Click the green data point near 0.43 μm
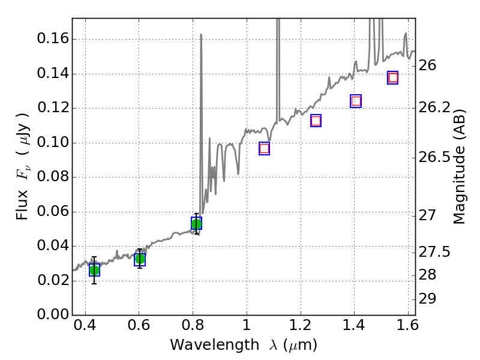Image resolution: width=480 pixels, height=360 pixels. click(x=94, y=270)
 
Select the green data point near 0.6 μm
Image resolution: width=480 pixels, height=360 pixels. click(x=140, y=259)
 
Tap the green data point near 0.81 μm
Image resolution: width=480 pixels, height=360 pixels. click(x=196, y=224)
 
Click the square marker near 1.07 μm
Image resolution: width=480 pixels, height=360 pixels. click(x=264, y=148)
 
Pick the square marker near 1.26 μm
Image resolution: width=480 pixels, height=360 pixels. click(x=316, y=121)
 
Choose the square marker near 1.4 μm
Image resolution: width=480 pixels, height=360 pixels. click(x=356, y=101)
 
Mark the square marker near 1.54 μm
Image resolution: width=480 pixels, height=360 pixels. click(x=393, y=77)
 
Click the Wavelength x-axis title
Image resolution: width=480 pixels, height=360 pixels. click(x=243, y=345)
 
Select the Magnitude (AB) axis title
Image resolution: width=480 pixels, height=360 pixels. click(x=460, y=166)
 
